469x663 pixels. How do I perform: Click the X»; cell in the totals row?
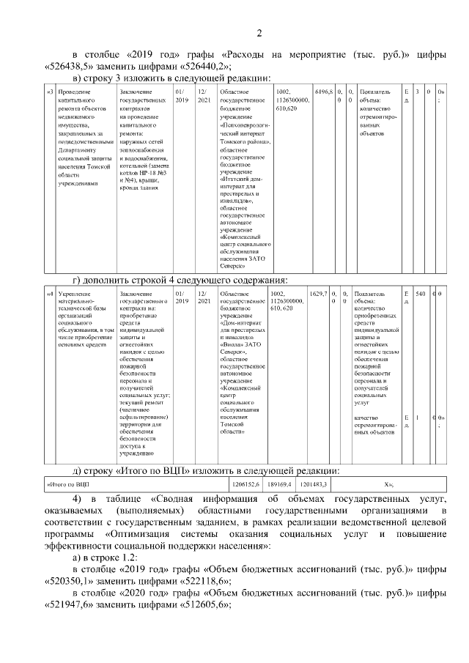click(389, 484)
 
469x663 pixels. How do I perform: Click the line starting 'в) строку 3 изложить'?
click(167, 78)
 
